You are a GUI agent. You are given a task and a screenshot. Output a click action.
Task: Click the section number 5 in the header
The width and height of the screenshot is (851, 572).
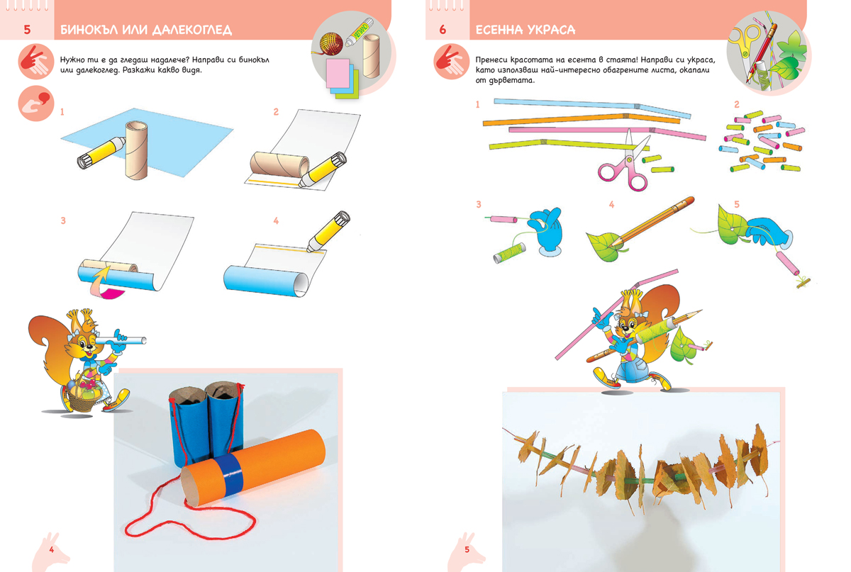(27, 30)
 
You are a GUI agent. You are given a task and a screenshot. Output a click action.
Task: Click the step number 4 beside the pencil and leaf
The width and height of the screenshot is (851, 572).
(611, 205)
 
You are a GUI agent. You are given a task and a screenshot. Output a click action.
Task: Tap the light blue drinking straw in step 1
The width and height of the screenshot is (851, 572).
(592, 108)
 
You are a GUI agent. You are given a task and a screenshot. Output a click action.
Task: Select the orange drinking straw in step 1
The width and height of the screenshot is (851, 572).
(582, 119)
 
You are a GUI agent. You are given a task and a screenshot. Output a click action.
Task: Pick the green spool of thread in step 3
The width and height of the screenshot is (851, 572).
(509, 253)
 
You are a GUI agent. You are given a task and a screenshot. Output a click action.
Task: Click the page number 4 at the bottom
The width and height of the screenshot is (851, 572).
(52, 549)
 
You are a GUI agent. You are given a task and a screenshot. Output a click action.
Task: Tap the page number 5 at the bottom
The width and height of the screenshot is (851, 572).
(467, 549)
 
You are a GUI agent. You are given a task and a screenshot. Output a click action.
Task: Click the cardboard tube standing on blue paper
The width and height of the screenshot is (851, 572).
(136, 150)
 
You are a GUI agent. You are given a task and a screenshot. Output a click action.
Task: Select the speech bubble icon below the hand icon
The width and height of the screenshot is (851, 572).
(36, 103)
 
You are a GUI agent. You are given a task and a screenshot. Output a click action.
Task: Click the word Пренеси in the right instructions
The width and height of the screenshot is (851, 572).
(491, 60)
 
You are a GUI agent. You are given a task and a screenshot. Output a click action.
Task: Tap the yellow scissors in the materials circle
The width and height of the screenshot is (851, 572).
(744, 43)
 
